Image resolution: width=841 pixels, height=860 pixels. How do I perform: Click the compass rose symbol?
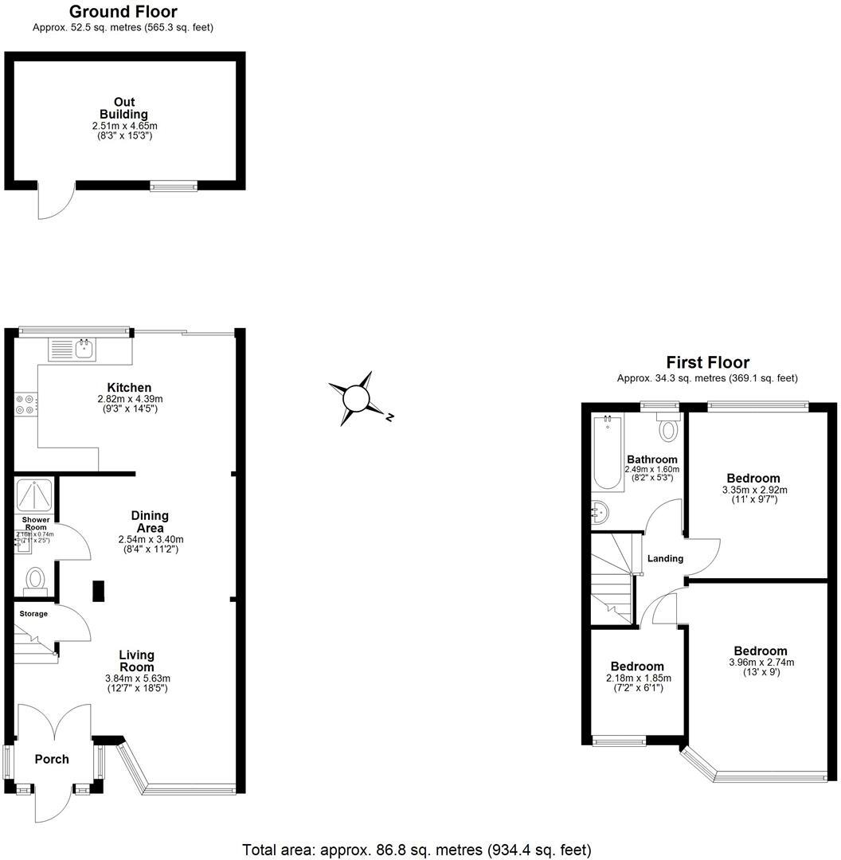click(357, 397)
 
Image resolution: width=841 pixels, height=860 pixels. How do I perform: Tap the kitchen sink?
click(72, 349)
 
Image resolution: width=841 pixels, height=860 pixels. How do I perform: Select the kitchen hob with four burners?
click(25, 405)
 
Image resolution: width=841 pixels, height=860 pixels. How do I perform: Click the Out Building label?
click(123, 108)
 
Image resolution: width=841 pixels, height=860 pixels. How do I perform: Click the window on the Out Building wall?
click(174, 186)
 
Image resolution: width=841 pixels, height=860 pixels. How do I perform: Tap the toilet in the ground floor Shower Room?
click(34, 578)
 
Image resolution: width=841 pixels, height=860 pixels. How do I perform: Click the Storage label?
click(34, 614)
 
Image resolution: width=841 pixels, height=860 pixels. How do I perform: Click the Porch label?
click(52, 759)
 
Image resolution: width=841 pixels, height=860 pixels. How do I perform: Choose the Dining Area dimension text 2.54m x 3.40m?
click(150, 539)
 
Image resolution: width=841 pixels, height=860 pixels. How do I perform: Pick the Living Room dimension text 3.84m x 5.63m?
click(138, 678)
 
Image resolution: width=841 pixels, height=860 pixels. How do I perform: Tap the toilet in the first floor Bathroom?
click(667, 428)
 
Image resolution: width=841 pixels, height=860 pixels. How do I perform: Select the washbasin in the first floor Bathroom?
click(600, 510)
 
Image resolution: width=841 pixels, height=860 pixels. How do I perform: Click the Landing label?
click(665, 558)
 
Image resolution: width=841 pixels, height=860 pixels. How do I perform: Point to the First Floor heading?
click(707, 362)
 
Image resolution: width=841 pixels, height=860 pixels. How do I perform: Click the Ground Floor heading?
click(123, 11)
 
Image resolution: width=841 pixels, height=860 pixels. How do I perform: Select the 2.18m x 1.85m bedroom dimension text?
click(636, 678)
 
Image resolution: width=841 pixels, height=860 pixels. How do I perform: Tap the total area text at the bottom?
click(417, 850)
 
